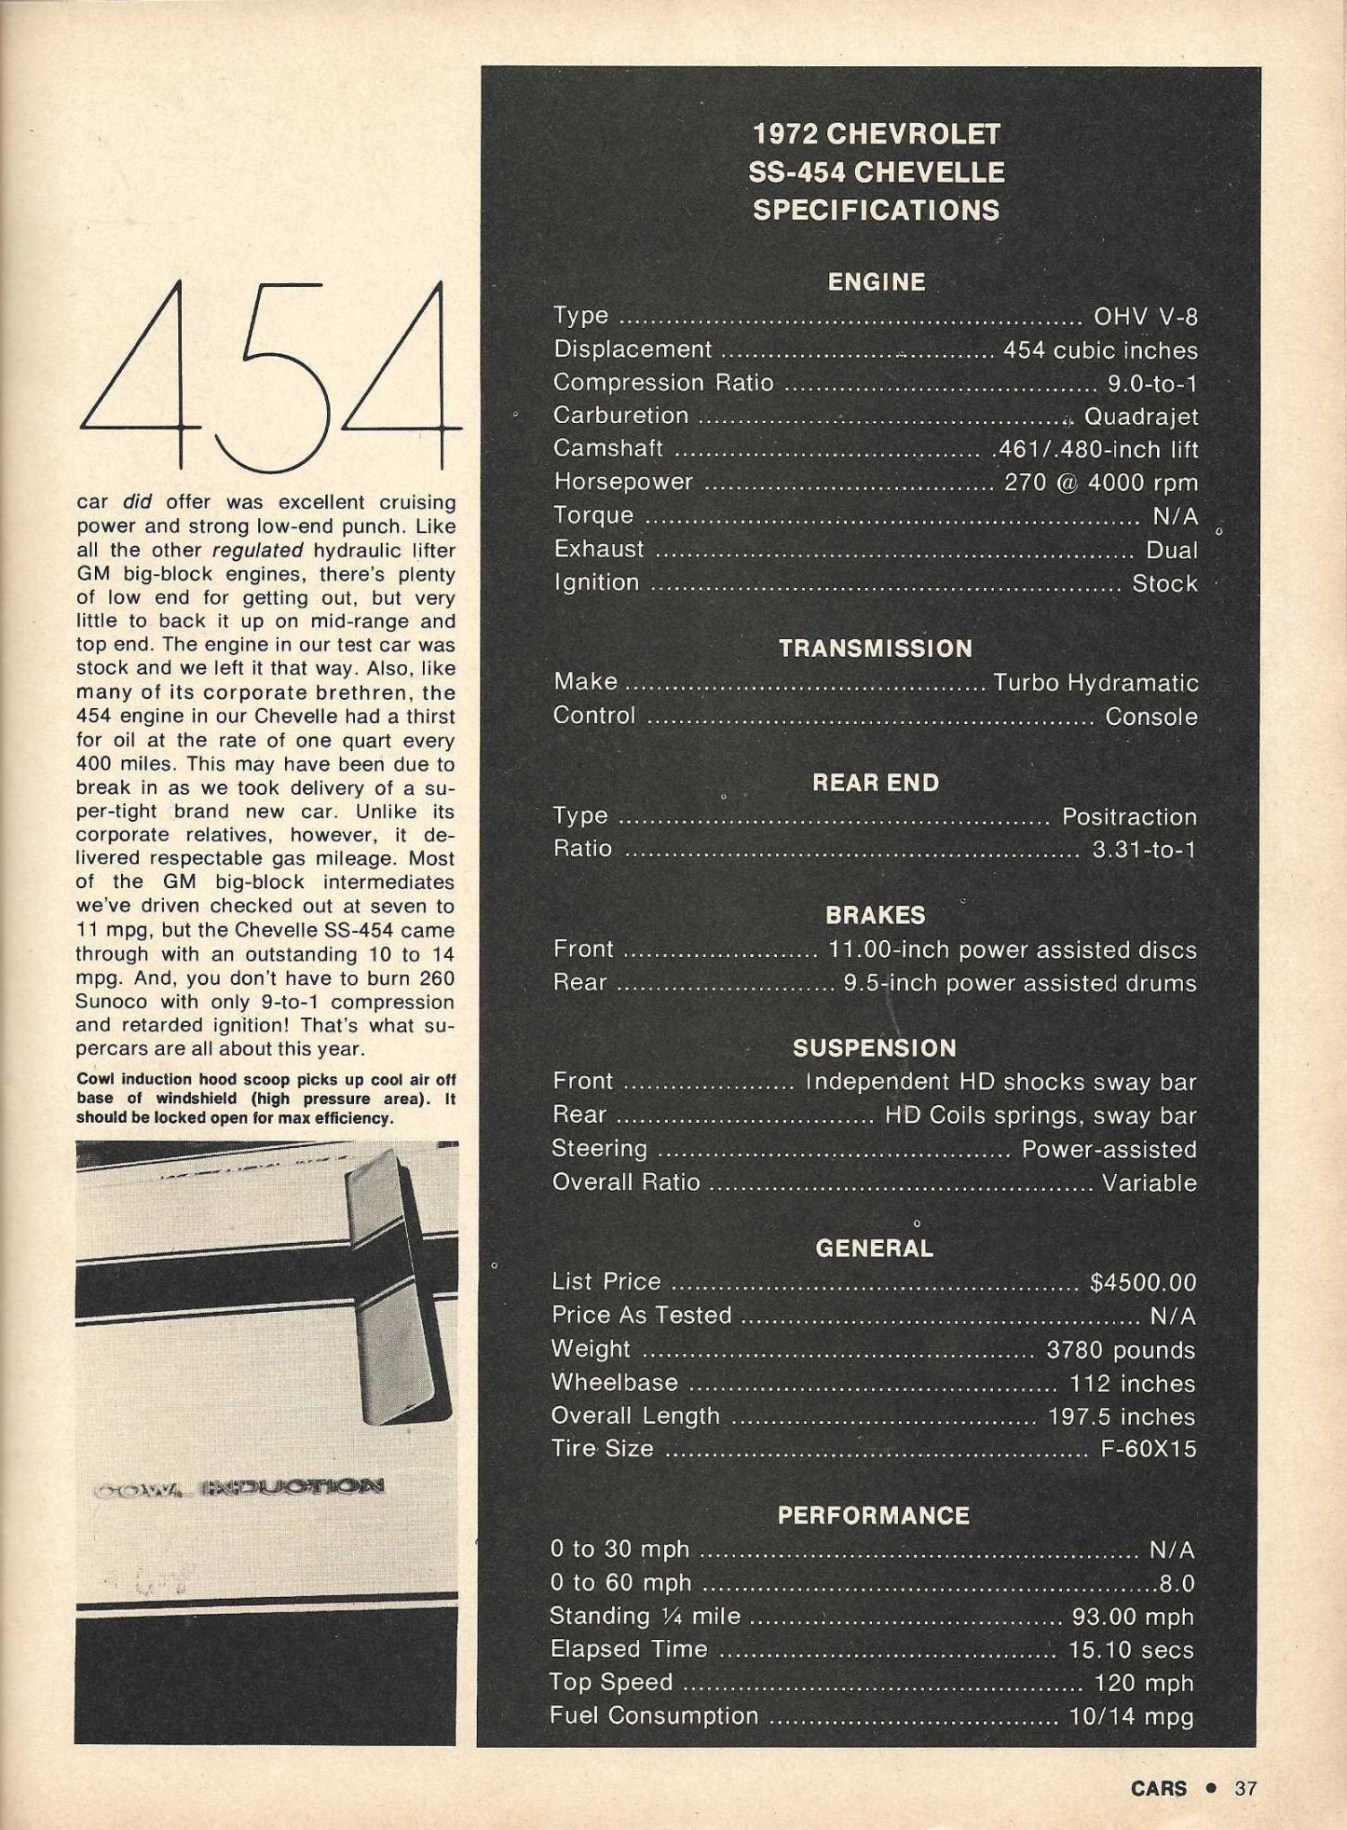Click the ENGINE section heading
click(876, 282)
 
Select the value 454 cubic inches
click(1100, 350)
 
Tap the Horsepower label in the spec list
click(623, 482)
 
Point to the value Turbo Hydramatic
click(1095, 683)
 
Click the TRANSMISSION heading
click(876, 649)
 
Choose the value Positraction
click(1129, 817)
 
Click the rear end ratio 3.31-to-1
click(1144, 850)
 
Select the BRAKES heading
click(876, 916)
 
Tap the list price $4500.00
click(1143, 1283)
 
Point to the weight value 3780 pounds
click(1121, 1350)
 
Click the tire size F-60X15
click(1148, 1449)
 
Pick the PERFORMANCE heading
click(874, 1516)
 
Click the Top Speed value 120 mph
click(1144, 1684)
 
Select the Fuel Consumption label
click(654, 1716)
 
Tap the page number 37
click(1245, 1788)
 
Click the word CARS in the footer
click(1159, 1788)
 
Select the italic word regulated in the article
click(257, 551)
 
